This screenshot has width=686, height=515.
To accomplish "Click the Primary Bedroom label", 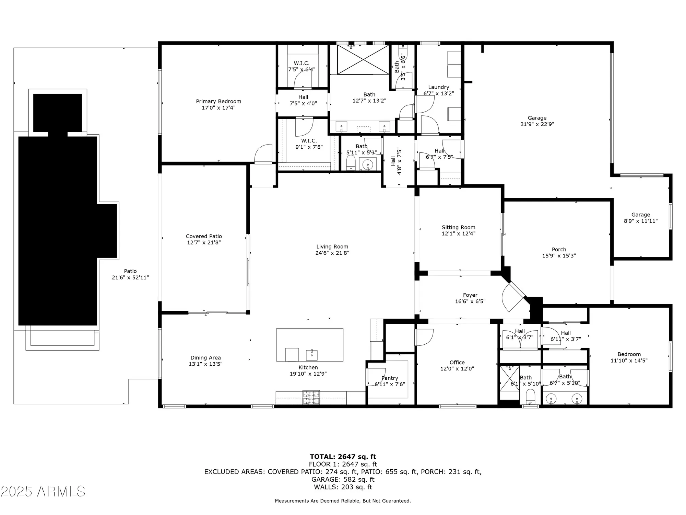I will pyautogui.click(x=218, y=101).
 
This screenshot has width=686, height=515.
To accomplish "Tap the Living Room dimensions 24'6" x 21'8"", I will pyautogui.click(x=332, y=253).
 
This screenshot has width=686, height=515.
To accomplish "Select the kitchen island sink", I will pyautogui.click(x=312, y=355).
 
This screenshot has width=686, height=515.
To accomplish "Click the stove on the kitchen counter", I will pyautogui.click(x=311, y=398).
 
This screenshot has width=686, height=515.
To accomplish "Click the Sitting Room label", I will pyautogui.click(x=458, y=227).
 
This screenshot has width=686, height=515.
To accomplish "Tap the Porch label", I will pyautogui.click(x=559, y=250).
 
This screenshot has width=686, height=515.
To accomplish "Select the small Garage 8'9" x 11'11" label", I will pyautogui.click(x=640, y=215).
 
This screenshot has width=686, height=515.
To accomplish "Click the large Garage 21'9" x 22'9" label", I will pyautogui.click(x=537, y=118).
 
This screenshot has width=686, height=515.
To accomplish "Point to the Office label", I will pyautogui.click(x=457, y=363).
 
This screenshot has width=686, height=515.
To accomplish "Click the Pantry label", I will pyautogui.click(x=390, y=378).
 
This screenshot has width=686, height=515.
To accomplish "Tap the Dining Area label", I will pyautogui.click(x=205, y=358).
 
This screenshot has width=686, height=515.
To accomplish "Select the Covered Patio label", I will pyautogui.click(x=204, y=236).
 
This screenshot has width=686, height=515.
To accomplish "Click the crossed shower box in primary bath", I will pyautogui.click(x=363, y=59).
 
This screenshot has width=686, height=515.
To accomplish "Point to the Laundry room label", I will pyautogui.click(x=438, y=87).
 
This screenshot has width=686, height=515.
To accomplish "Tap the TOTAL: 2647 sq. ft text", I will pyautogui.click(x=343, y=457).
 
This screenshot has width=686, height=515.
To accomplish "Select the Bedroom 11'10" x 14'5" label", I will pyautogui.click(x=629, y=354).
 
